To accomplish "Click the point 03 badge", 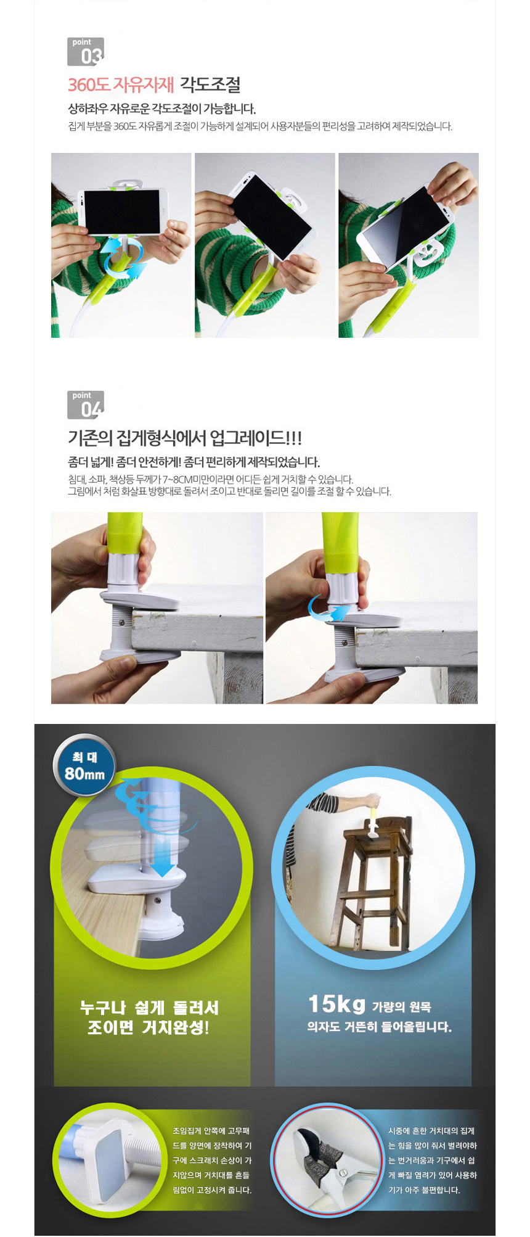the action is pos(86,51).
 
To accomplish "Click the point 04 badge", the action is pos(86,405).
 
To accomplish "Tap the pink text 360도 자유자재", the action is pos(121,84).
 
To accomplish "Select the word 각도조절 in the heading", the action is pos(210,84).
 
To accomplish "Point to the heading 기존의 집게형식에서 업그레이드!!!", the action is pos(185,438).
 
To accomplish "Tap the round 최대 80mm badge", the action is pos(84,765).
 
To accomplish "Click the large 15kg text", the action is pos(337,1004).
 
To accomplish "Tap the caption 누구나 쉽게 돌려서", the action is pos(149,1008).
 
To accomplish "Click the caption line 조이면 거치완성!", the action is pos(149,1027).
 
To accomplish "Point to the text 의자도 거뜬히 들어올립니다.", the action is pos(380,1027).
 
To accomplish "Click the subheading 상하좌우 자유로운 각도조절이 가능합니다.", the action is pos(161,109).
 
